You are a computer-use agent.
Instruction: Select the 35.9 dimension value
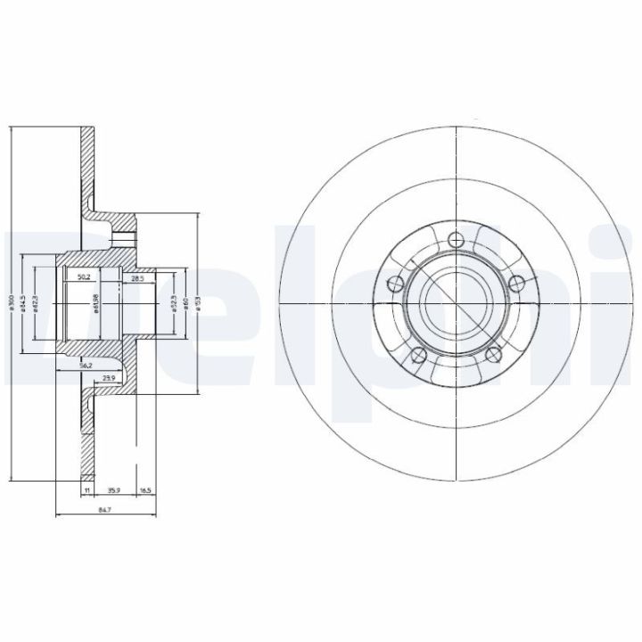pyautogui.click(x=112, y=490)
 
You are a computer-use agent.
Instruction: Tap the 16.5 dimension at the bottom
pyautogui.click(x=145, y=490)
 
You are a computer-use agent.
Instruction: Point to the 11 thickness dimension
pyautogui.click(x=87, y=490)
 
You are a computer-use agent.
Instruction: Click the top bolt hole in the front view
pyautogui.click(x=455, y=238)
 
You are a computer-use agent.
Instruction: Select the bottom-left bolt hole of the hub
pyautogui.click(x=415, y=358)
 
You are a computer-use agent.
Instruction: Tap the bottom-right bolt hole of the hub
pyautogui.click(x=494, y=358)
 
